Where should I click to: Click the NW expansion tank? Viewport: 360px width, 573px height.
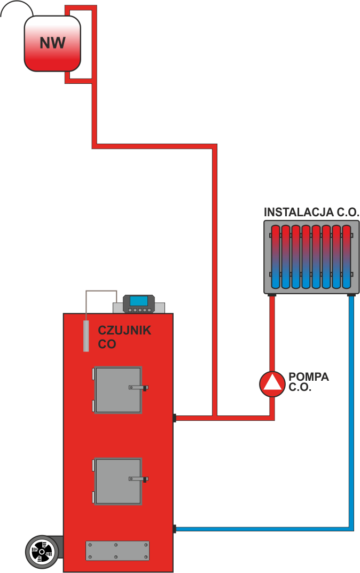(52, 43)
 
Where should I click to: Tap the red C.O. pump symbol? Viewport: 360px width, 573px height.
(272, 384)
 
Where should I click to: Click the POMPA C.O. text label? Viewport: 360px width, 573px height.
(309, 382)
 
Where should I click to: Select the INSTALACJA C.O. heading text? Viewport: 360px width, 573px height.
(311, 213)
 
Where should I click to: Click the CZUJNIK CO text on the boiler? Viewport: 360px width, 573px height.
(124, 337)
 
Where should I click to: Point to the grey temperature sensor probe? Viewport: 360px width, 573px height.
(86, 336)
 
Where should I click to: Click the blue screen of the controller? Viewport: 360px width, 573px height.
(139, 301)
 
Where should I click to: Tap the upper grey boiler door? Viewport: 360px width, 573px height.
(118, 390)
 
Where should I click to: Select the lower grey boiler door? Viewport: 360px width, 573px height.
(118, 481)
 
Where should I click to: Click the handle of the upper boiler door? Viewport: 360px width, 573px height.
(138, 387)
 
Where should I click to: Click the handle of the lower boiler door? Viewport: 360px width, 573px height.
(138, 478)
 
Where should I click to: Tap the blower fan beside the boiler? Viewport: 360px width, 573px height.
(41, 552)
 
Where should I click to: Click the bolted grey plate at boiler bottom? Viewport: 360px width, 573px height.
(118, 551)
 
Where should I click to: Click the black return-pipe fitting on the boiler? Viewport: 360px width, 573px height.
(175, 529)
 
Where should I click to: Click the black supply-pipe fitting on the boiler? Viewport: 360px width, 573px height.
(175, 418)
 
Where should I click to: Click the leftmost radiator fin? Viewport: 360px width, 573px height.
(276, 256)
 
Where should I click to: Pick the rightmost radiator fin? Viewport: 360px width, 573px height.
(347, 256)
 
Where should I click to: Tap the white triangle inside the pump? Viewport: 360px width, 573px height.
(272, 384)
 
